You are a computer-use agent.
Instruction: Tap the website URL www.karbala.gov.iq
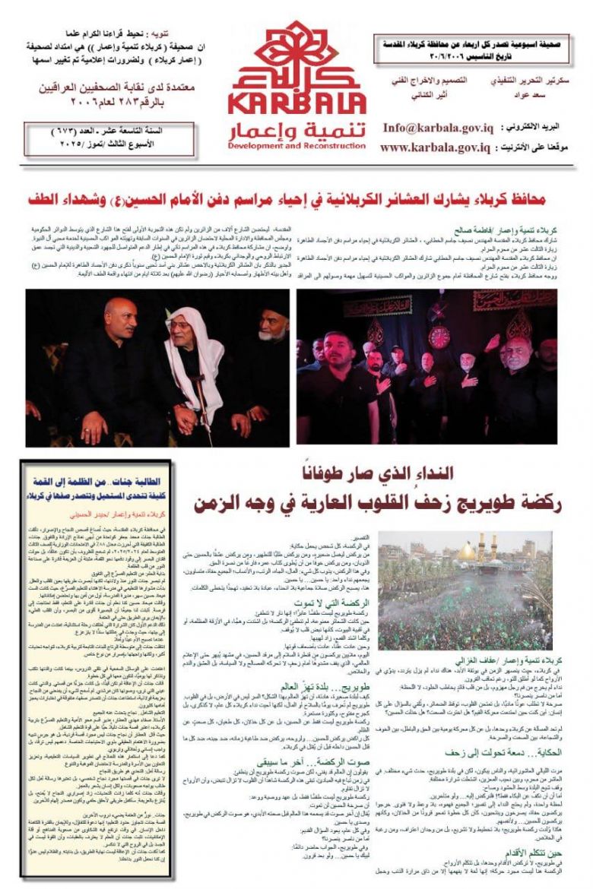coord(435,147)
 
